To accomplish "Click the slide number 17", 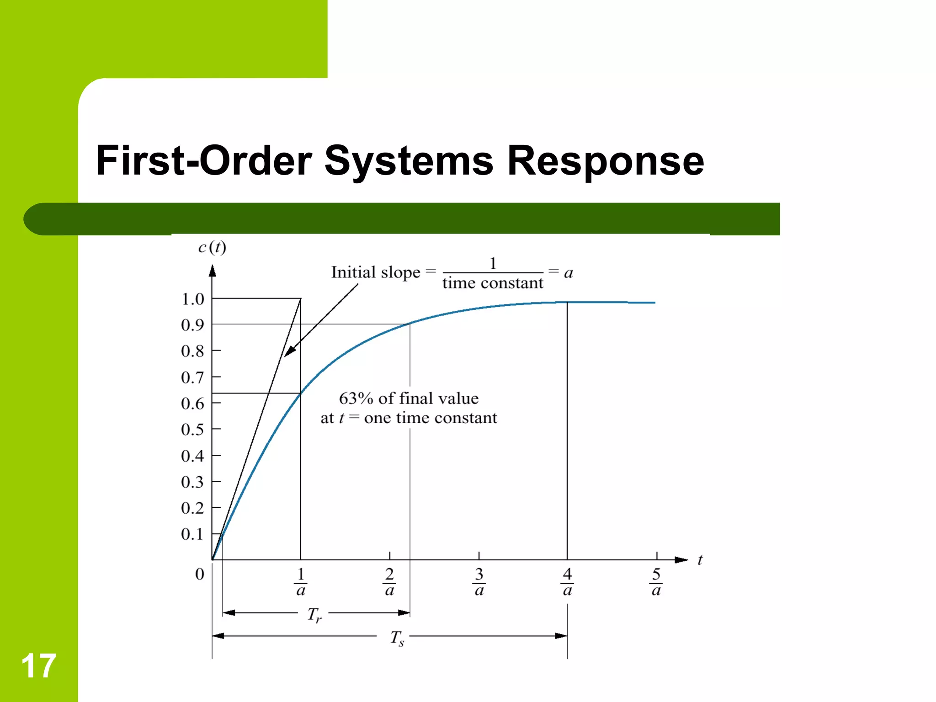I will pyautogui.click(x=38, y=666).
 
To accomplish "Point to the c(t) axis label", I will pyautogui.click(x=212, y=248).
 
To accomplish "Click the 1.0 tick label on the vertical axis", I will pyautogui.click(x=192, y=299).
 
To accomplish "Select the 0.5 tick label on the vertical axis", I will pyautogui.click(x=192, y=430).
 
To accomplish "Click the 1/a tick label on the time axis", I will pyautogui.click(x=300, y=582).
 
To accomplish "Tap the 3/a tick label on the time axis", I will pyautogui.click(x=479, y=582).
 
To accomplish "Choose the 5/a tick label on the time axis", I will pyautogui.click(x=656, y=582).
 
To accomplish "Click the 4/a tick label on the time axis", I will pyautogui.click(x=567, y=582).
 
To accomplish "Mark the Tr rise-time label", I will pyautogui.click(x=314, y=615).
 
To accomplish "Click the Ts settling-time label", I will pyautogui.click(x=397, y=638).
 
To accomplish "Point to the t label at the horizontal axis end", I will pyautogui.click(x=700, y=560).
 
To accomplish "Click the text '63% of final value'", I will pyautogui.click(x=409, y=399).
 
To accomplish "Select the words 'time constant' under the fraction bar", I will pyautogui.click(x=493, y=283).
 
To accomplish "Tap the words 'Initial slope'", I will pyautogui.click(x=375, y=272).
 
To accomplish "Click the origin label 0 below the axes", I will pyautogui.click(x=200, y=574).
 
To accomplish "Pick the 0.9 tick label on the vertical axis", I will pyautogui.click(x=192, y=325).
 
